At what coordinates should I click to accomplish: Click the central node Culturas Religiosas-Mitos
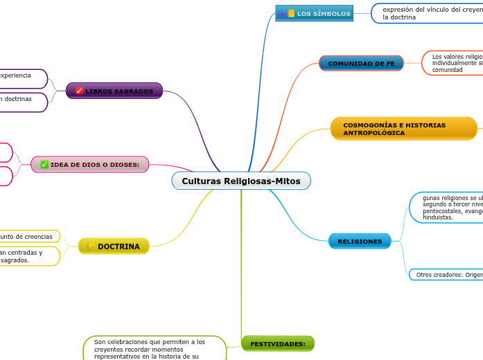pyautogui.click(x=241, y=181)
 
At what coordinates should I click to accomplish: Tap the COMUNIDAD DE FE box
pyautogui.click(x=361, y=64)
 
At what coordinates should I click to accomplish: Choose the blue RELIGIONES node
pyautogui.click(x=360, y=242)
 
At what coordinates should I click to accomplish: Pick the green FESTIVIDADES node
pyautogui.click(x=277, y=344)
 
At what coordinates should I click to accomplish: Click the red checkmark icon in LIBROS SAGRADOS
pyautogui.click(x=79, y=91)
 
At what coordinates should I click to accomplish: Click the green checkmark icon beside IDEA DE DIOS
pyautogui.click(x=44, y=164)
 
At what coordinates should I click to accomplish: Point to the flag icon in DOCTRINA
pyautogui.click(x=91, y=246)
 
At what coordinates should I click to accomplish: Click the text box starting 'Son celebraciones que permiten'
pyautogui.click(x=154, y=349)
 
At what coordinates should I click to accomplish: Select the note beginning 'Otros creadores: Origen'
pyautogui.click(x=447, y=275)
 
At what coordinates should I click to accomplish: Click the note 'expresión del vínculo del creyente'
pyautogui.click(x=430, y=13)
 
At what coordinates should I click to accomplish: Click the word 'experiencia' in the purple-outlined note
pyautogui.click(x=15, y=75)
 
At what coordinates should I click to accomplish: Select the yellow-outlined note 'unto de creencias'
pyautogui.click(x=28, y=237)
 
